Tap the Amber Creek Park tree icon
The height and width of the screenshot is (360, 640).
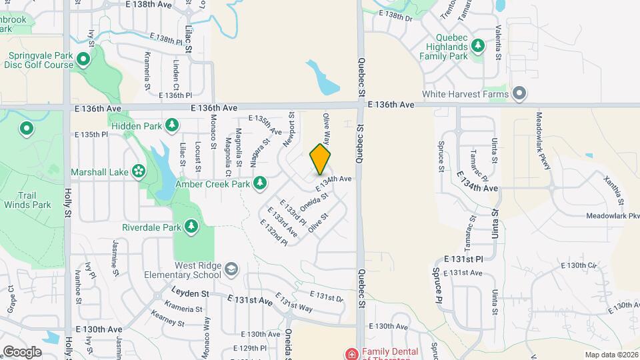tap(260, 183)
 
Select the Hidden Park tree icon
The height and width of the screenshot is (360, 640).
tap(172, 125)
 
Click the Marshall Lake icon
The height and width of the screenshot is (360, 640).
tap(139, 171)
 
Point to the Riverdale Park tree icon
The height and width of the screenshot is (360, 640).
tap(191, 227)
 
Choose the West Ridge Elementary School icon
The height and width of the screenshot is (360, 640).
tap(231, 269)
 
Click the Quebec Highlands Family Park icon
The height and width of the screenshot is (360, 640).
tap(477, 46)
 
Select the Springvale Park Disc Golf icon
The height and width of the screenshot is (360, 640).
tap(83, 60)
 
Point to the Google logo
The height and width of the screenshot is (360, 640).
tap(22, 351)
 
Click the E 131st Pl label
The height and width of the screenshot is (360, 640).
tap(463, 259)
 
